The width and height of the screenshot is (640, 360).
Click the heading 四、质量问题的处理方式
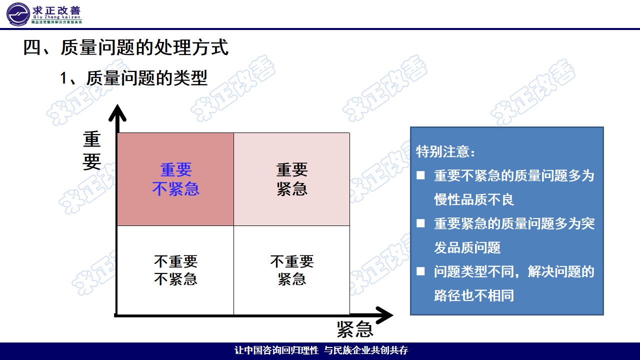(x=125, y=48)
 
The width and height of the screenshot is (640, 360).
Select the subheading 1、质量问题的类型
(x=133, y=78)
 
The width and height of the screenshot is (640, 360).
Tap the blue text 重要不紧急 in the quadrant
(x=175, y=179)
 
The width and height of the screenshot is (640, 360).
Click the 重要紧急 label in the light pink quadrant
(x=292, y=179)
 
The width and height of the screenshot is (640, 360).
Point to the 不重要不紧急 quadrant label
(x=175, y=270)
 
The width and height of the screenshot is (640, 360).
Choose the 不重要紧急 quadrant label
(x=292, y=270)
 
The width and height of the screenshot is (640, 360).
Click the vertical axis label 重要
(x=92, y=151)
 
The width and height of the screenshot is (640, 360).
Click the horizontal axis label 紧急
(x=355, y=329)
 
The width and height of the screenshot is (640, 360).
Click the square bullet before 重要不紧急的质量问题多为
(x=421, y=175)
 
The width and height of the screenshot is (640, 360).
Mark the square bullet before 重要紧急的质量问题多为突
(x=421, y=223)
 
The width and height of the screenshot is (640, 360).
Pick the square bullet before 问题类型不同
(x=421, y=271)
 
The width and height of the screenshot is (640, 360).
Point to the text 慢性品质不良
(x=474, y=199)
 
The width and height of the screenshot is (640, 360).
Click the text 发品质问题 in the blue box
(x=467, y=247)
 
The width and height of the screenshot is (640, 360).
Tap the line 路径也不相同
(x=474, y=295)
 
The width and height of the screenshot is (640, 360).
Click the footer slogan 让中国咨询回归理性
(x=276, y=350)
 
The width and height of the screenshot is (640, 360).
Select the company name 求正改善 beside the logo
(x=56, y=11)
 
